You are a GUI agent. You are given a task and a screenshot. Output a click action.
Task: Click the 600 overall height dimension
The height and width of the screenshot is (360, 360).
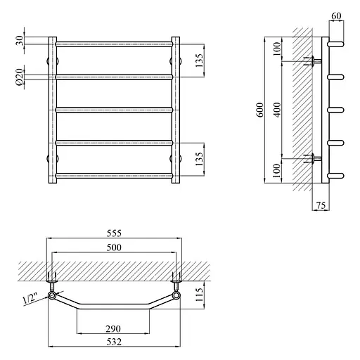(x=260, y=110)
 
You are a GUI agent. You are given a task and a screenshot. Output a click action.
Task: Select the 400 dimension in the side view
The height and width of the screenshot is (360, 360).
(x=277, y=110)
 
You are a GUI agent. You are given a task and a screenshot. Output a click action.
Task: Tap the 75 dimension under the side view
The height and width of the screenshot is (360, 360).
(x=321, y=205)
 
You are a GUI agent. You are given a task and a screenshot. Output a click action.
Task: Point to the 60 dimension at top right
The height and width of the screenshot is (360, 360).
(x=336, y=16)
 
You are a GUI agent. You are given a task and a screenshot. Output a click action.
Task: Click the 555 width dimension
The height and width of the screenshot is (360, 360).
(x=114, y=233)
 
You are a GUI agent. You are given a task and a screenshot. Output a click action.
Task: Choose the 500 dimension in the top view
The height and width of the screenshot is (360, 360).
(x=114, y=247)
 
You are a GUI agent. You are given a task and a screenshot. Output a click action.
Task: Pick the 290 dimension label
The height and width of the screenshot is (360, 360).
(x=113, y=329)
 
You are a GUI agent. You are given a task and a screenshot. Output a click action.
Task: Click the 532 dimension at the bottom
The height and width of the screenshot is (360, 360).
(x=114, y=342)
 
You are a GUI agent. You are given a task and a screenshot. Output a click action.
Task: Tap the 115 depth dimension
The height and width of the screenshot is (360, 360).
(x=199, y=295)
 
